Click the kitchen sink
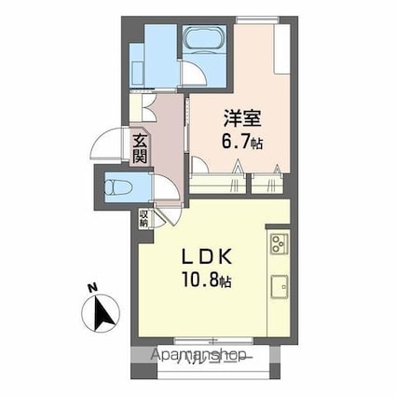click(280, 286)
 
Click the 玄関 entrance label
click(139, 149)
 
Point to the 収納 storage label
click(143, 219)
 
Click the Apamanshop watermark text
click(199, 356)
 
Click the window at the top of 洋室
click(257, 20)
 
